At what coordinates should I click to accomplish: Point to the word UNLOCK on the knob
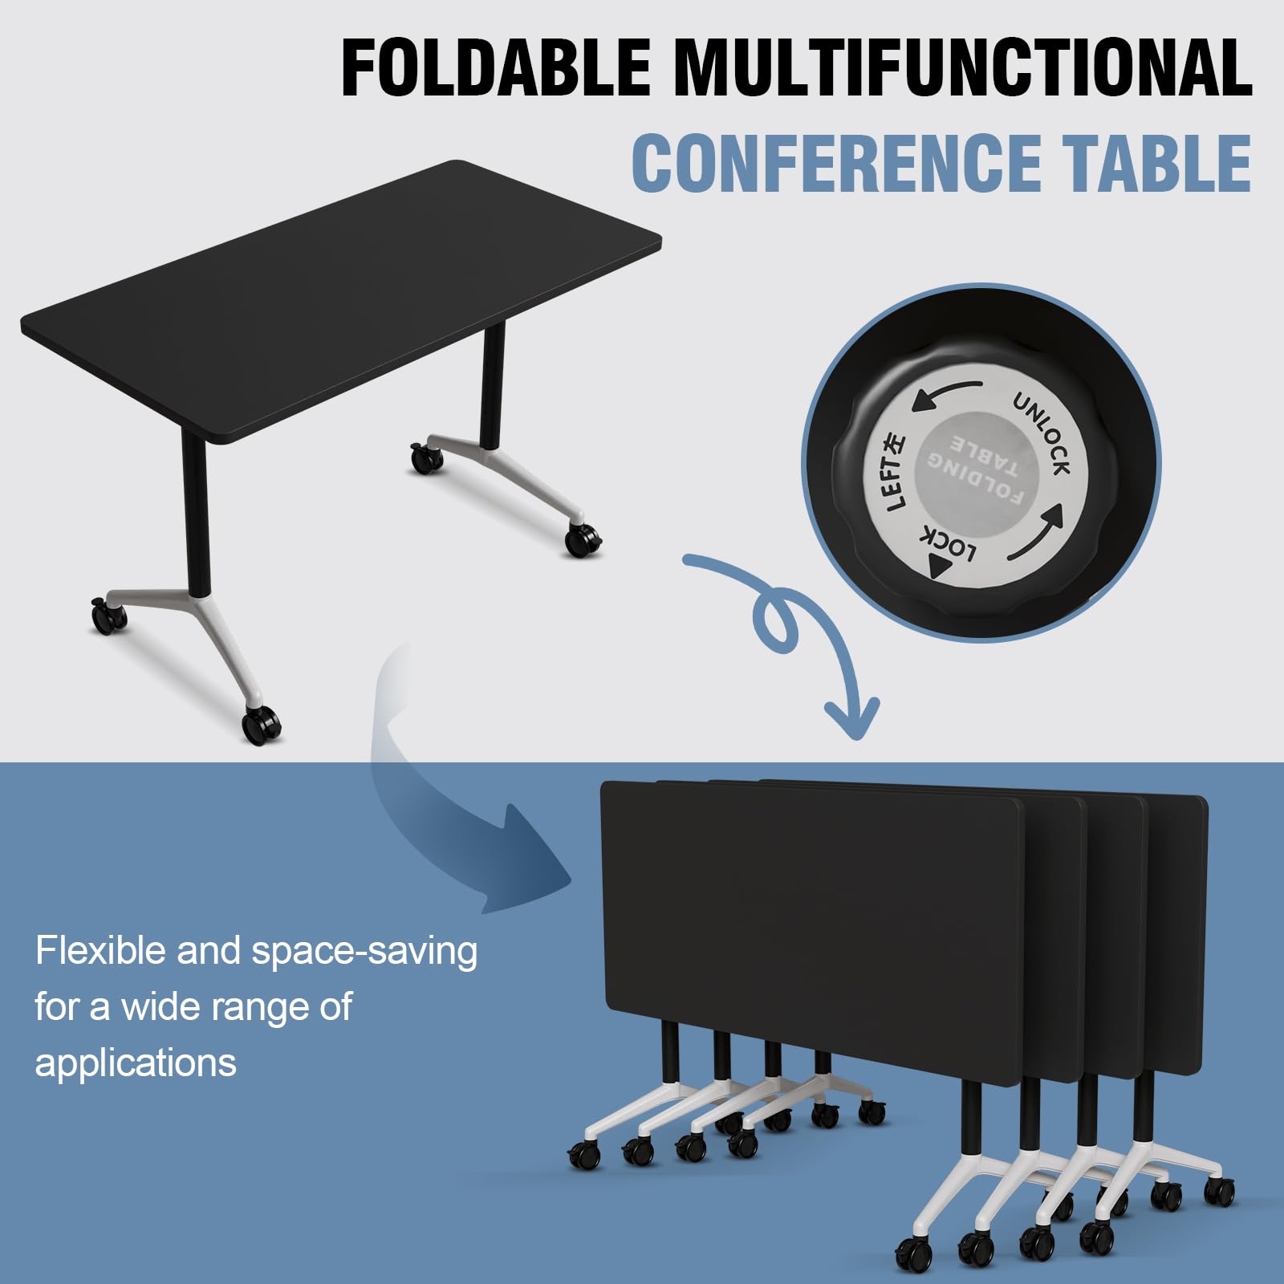[x=1042, y=433]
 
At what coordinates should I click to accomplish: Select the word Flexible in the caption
[x=100, y=951]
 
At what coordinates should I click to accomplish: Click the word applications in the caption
[x=136, y=1064]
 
